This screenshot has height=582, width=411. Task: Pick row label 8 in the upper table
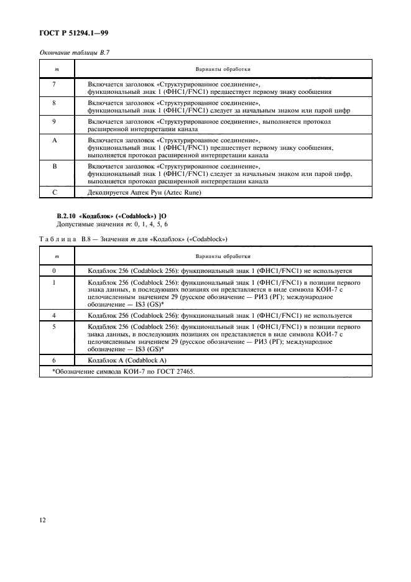(x=55, y=102)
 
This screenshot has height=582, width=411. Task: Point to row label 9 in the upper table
(x=55, y=121)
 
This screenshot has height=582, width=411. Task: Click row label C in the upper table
(x=55, y=192)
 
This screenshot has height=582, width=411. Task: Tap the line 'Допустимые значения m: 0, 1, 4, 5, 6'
(x=113, y=223)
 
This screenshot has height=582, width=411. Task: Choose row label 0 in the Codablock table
(x=55, y=271)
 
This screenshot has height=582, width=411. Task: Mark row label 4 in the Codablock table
(x=55, y=315)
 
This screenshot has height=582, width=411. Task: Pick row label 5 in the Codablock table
(x=55, y=325)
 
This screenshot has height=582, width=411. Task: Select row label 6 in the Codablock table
(x=55, y=360)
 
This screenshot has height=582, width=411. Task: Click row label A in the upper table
(x=55, y=141)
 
